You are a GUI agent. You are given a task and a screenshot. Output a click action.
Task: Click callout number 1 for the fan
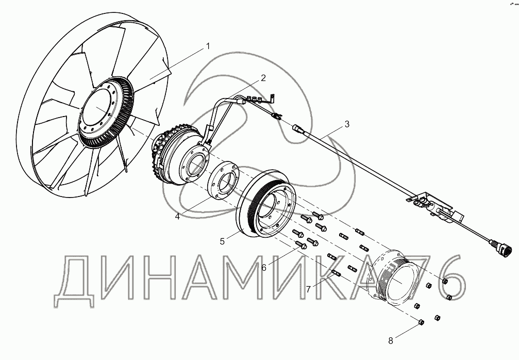pyautogui.click(x=208, y=46)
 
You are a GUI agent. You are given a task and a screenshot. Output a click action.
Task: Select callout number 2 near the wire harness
pyautogui.click(x=263, y=78)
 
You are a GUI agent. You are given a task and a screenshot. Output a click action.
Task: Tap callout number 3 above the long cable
pyautogui.click(x=346, y=124)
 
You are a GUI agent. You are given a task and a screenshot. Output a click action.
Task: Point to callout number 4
pyautogui.click(x=177, y=216)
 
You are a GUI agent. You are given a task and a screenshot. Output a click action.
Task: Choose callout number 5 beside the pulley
pyautogui.click(x=222, y=241)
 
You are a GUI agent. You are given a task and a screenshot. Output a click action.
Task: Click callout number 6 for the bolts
pyautogui.click(x=264, y=268)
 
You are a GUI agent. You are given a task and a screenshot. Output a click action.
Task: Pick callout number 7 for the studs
pyautogui.click(x=309, y=289)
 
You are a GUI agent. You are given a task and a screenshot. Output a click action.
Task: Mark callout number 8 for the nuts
pyautogui.click(x=391, y=340)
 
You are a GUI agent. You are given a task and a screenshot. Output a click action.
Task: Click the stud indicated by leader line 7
pyautogui.click(x=336, y=273)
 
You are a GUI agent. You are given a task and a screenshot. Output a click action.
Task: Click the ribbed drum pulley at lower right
pyautogui.click(x=393, y=276)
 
